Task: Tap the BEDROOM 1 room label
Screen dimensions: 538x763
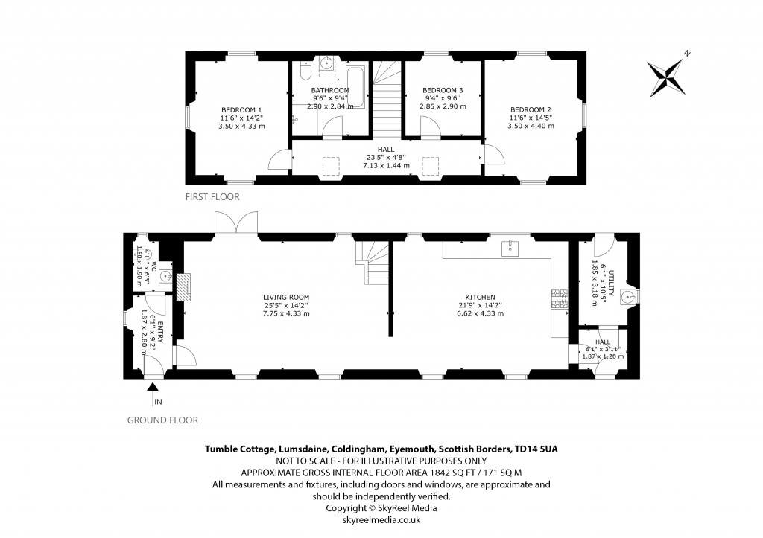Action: [240, 109]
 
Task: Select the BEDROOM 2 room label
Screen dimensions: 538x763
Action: [531, 109]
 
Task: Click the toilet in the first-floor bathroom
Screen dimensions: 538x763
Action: [303, 71]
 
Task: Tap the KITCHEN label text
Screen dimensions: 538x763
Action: [481, 297]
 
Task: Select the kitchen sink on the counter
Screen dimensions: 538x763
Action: [510, 247]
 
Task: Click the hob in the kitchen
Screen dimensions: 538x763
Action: [555, 298]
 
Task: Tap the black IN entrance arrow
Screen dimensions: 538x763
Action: [153, 387]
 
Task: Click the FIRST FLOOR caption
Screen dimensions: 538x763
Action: [213, 197]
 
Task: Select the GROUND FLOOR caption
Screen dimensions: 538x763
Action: [162, 420]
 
